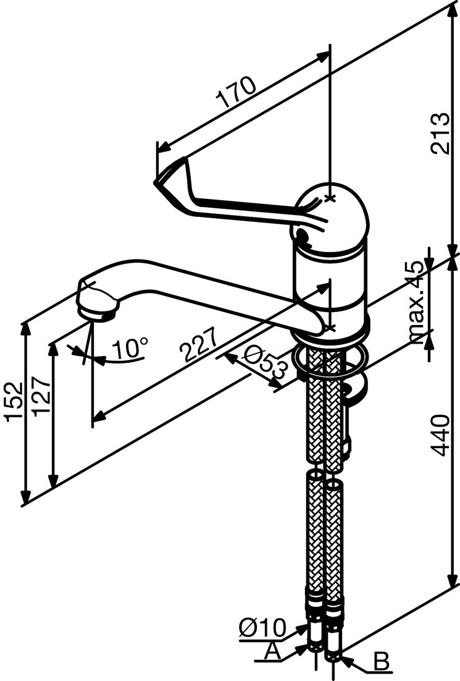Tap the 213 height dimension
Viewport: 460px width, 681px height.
(x=439, y=133)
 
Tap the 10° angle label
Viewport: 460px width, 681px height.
(x=130, y=349)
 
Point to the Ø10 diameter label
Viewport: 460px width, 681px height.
(x=261, y=628)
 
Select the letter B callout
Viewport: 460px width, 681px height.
(x=382, y=663)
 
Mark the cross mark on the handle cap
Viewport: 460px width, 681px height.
(x=330, y=198)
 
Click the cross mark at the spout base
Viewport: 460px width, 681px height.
(x=330, y=327)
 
